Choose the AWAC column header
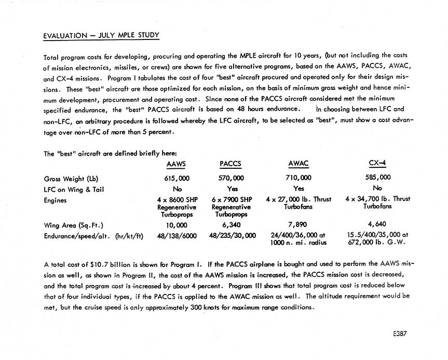click(298, 164)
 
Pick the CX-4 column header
click(377, 163)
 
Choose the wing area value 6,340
click(232, 225)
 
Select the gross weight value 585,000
click(377, 178)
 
